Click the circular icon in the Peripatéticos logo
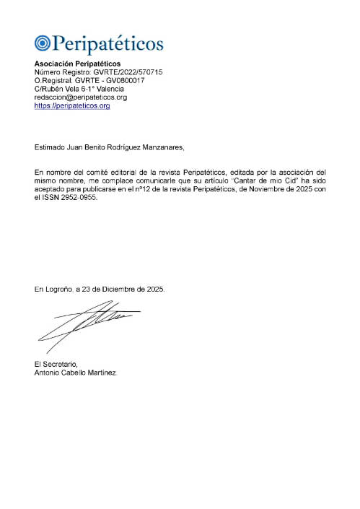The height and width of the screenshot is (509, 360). (x=42, y=43)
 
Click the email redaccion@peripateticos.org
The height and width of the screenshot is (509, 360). (x=81, y=97)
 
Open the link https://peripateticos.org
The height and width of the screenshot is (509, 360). (x=72, y=105)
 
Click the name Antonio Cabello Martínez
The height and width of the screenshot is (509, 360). (x=74, y=373)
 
